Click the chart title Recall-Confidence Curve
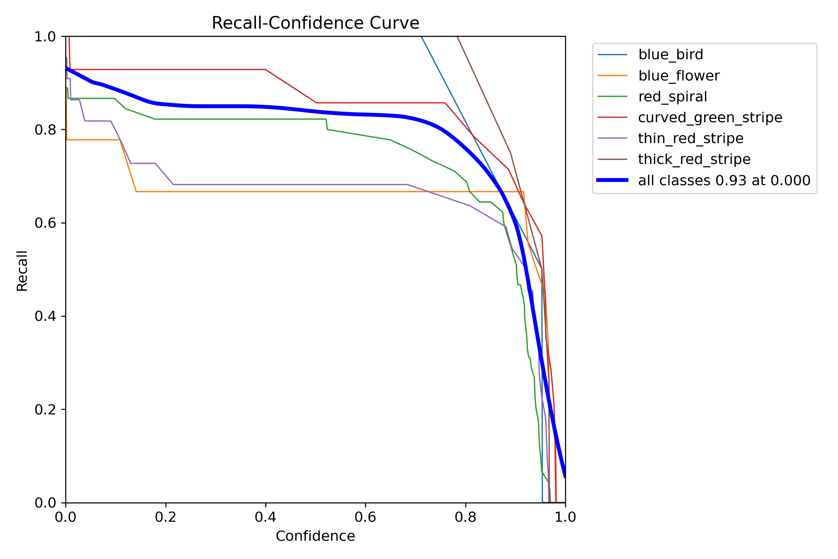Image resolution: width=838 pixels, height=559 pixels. pyautogui.click(x=315, y=23)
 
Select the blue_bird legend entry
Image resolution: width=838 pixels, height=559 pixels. pyautogui.click(x=670, y=55)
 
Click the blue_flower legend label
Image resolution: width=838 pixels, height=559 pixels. pyautogui.click(x=679, y=76)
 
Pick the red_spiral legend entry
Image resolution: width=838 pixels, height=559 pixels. pyautogui.click(x=672, y=97)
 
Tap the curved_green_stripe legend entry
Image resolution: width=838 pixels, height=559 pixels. pyautogui.click(x=710, y=118)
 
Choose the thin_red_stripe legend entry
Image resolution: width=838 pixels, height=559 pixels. pyautogui.click(x=691, y=139)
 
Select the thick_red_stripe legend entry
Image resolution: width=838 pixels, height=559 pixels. pyautogui.click(x=694, y=160)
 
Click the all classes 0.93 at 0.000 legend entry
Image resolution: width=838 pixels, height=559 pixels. pyautogui.click(x=724, y=181)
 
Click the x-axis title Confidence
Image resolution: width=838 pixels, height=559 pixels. pyautogui.click(x=315, y=536)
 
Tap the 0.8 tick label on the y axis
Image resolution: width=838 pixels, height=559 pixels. pyautogui.click(x=45, y=130)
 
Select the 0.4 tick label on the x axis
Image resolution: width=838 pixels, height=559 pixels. pyautogui.click(x=265, y=517)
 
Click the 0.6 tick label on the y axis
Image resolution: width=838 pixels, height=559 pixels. pyautogui.click(x=45, y=223)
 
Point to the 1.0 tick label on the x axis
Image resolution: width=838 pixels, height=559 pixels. pyautogui.click(x=565, y=517)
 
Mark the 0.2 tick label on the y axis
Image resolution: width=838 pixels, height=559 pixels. pyautogui.click(x=45, y=410)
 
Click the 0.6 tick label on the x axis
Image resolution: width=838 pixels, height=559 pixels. pyautogui.click(x=365, y=517)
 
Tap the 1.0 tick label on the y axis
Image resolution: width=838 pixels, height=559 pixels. pyautogui.click(x=45, y=37)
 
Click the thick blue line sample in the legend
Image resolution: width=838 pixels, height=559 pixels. pyautogui.click(x=612, y=180)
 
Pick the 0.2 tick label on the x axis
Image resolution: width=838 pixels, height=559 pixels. pyautogui.click(x=166, y=517)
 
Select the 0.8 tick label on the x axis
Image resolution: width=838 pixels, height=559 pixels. pyautogui.click(x=465, y=517)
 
